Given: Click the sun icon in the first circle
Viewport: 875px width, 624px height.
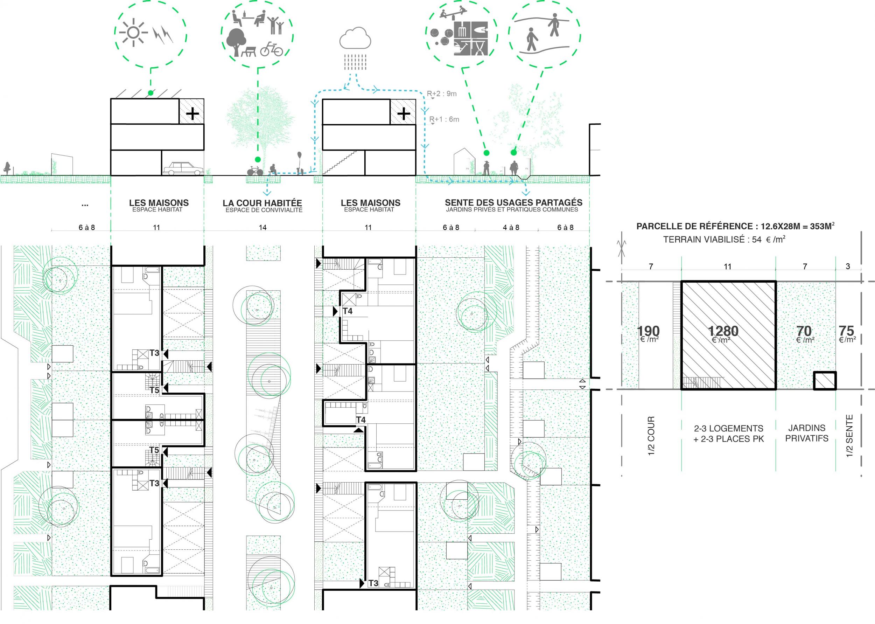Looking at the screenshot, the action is tap(133, 33).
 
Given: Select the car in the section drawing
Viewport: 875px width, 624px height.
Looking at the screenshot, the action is tap(183, 168).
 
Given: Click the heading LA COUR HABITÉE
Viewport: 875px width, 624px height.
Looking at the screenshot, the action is tap(262, 202).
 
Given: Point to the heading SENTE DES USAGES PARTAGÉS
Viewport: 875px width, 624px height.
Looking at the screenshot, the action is tap(513, 202).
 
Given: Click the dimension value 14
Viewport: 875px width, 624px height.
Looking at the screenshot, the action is tap(262, 228).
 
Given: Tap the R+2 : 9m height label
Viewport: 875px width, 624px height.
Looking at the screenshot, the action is tap(442, 93).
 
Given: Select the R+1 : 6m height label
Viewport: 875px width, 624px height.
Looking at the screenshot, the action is tap(444, 119).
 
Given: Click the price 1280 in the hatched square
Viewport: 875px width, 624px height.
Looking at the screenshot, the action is tap(723, 331).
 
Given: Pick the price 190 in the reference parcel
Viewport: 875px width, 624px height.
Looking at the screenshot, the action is tap(649, 331).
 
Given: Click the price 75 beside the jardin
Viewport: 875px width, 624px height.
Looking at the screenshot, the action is tap(847, 331).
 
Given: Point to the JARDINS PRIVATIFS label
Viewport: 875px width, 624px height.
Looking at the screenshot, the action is tap(807, 433).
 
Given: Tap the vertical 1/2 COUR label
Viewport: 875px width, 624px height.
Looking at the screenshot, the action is tap(651, 436).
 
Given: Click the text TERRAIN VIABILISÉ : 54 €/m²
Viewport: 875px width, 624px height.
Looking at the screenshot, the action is tap(724, 239).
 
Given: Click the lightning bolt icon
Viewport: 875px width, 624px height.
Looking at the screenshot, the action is tap(163, 34).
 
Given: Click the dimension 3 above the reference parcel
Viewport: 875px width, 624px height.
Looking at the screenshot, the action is tap(848, 266).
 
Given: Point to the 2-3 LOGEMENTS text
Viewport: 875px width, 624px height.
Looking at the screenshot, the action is tap(728, 428).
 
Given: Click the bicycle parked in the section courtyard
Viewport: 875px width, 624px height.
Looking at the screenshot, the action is tap(254, 171).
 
